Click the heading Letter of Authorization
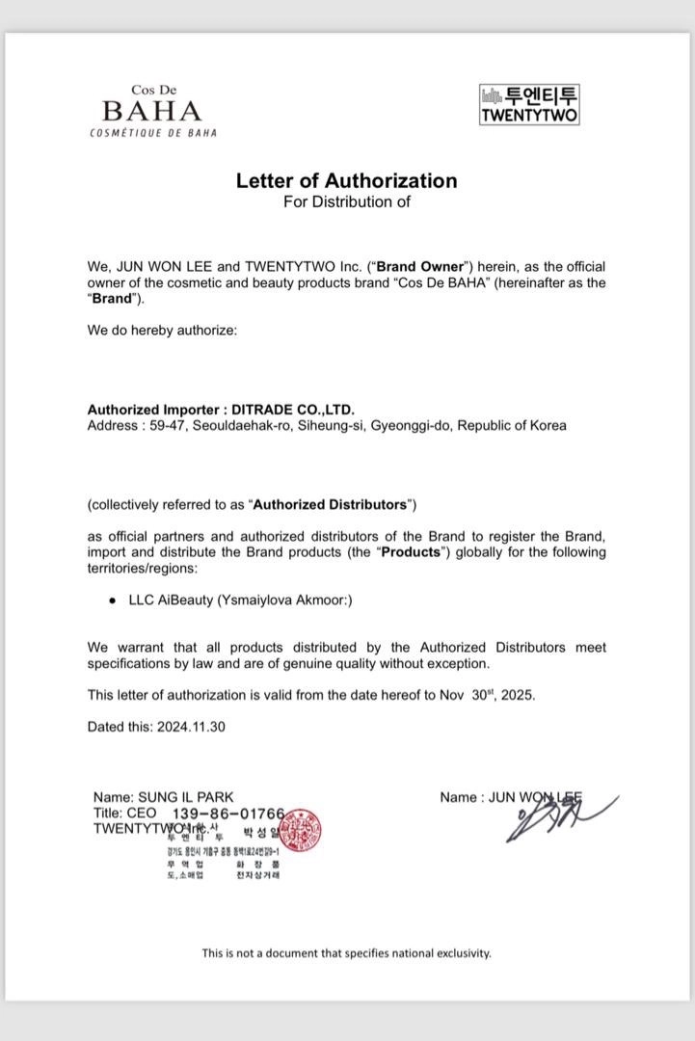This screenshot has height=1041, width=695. [x=347, y=180]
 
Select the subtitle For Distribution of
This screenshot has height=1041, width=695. [x=347, y=201]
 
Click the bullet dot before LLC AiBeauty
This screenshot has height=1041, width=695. [x=114, y=600]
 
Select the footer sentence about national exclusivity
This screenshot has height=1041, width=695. [x=347, y=952]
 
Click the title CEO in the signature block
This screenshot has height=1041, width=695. [x=141, y=813]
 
